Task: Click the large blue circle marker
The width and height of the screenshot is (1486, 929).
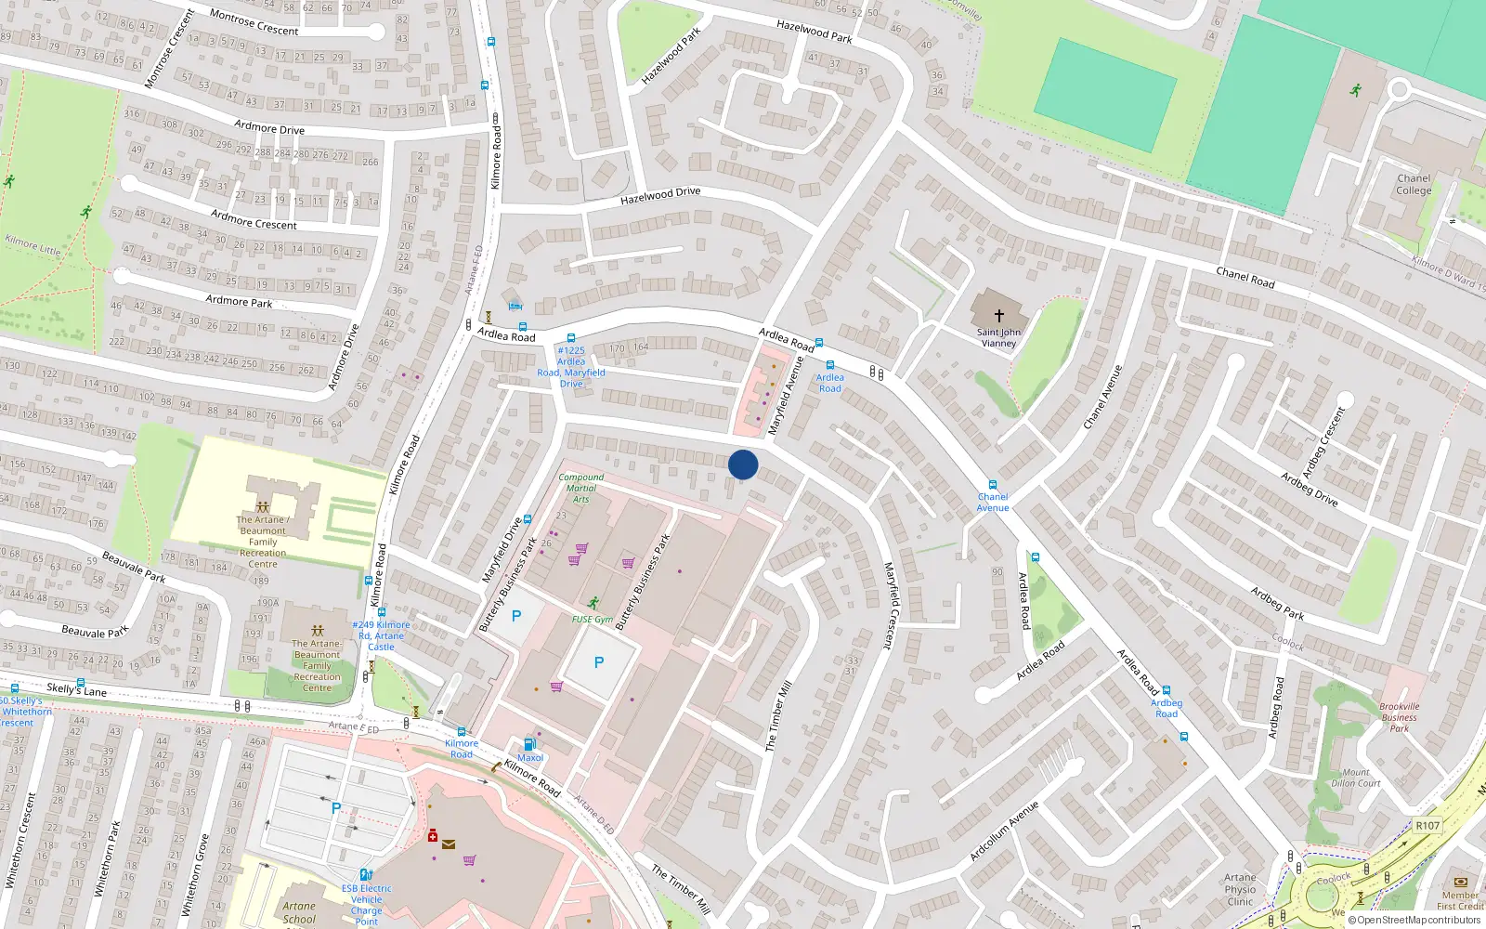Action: pyautogui.click(x=743, y=464)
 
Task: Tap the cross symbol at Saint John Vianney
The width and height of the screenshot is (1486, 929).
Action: pyautogui.click(x=998, y=316)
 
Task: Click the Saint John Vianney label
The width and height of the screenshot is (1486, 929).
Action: pyautogui.click(x=998, y=337)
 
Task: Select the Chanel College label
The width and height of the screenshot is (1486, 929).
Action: pyautogui.click(x=1414, y=184)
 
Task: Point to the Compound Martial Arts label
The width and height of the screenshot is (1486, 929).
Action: pyautogui.click(x=581, y=488)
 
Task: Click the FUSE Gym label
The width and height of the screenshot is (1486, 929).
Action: pyautogui.click(x=592, y=619)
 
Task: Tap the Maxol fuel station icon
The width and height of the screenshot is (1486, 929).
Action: pyautogui.click(x=529, y=743)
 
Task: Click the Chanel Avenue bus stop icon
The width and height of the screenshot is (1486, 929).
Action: pyautogui.click(x=993, y=485)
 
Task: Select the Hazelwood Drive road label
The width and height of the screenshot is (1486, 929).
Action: pyautogui.click(x=660, y=195)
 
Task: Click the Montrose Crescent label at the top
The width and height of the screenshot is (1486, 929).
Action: pyautogui.click(x=254, y=23)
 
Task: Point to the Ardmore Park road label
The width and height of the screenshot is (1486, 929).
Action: pyautogui.click(x=239, y=301)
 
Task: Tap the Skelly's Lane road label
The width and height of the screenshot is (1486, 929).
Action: pyautogui.click(x=76, y=689)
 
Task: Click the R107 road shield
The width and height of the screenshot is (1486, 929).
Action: pyautogui.click(x=1427, y=825)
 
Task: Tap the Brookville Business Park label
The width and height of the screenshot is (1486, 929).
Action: pyautogui.click(x=1400, y=717)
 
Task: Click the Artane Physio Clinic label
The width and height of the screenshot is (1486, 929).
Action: pyautogui.click(x=1240, y=889)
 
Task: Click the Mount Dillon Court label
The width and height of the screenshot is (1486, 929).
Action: pyautogui.click(x=1356, y=778)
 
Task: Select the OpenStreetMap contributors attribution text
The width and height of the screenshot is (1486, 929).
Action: pyautogui.click(x=1419, y=921)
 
